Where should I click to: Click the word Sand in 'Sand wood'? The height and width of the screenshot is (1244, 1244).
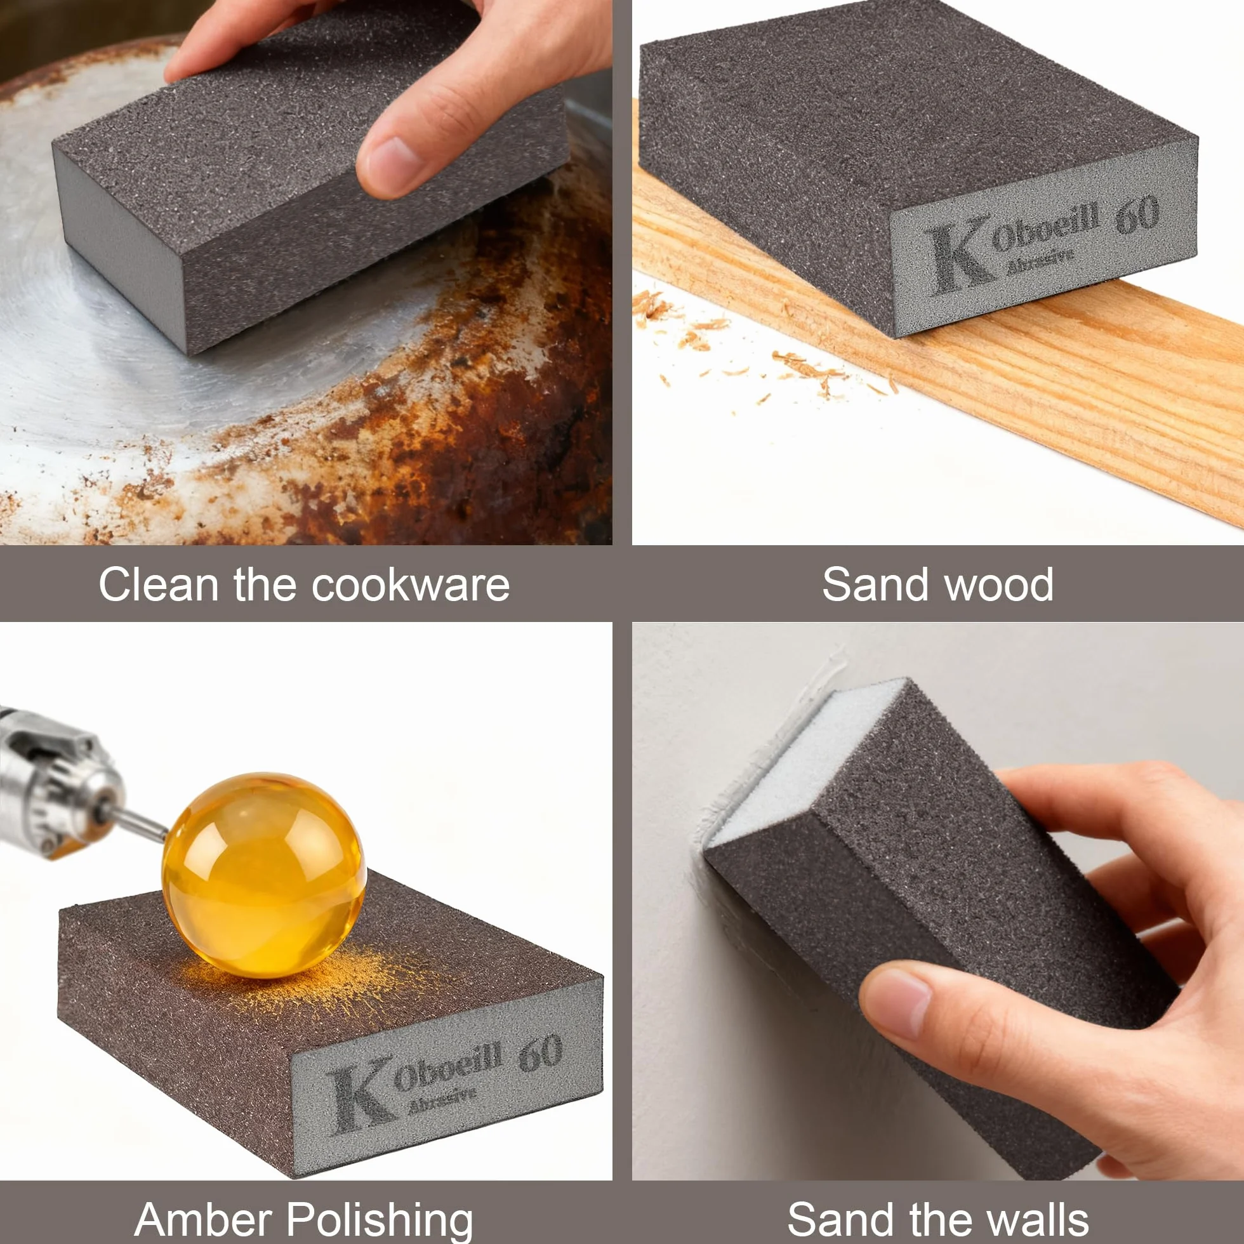point(877,585)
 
